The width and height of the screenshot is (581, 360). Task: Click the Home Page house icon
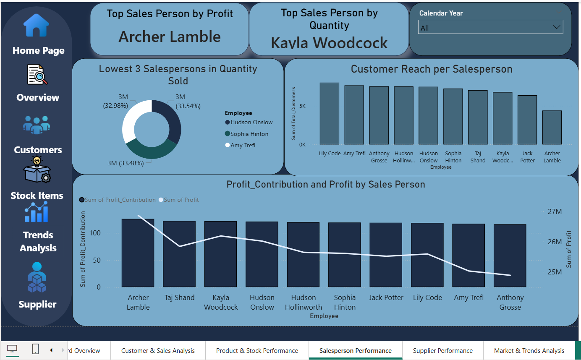(x=36, y=26)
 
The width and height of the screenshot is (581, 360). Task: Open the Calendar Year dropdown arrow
(x=557, y=27)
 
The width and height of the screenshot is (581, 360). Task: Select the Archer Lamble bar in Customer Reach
(x=552, y=128)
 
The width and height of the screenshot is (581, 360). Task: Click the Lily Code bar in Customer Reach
(x=330, y=114)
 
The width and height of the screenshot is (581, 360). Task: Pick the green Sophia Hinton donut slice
(x=150, y=149)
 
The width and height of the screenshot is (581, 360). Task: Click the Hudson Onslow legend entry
(x=251, y=123)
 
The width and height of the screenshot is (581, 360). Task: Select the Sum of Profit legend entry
(x=181, y=200)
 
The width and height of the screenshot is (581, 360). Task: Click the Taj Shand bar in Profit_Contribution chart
(x=179, y=254)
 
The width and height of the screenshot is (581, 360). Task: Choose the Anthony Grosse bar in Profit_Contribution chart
(x=510, y=256)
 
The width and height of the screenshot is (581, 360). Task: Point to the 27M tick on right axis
(x=555, y=211)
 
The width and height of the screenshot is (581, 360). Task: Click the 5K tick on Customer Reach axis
(x=302, y=106)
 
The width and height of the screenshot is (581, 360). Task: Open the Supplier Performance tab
(x=442, y=351)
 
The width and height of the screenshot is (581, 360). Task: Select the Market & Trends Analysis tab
(x=529, y=351)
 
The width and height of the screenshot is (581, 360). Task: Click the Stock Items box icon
(x=37, y=170)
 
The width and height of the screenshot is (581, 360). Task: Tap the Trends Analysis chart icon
(x=36, y=212)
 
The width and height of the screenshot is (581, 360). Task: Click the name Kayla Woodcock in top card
(x=329, y=43)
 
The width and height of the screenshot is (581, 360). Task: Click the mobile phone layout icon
(x=36, y=349)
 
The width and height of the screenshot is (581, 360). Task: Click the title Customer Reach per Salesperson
(x=432, y=69)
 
